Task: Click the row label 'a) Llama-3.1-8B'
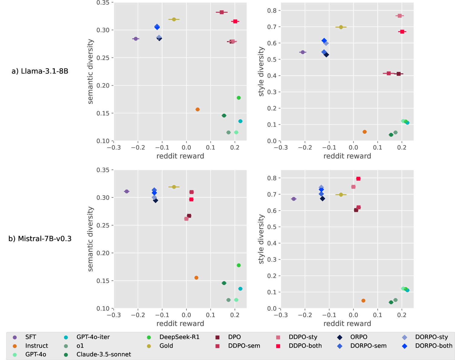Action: pyautogui.click(x=40, y=71)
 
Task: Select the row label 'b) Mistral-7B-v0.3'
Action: pyautogui.click(x=40, y=239)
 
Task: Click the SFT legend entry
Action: pyautogui.click(x=31, y=337)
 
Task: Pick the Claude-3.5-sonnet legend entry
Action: pyautogui.click(x=104, y=354)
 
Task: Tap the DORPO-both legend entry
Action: pyautogui.click(x=434, y=346)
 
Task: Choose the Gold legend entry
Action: pyautogui.click(x=166, y=346)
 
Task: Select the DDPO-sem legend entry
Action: pyautogui.click(x=244, y=346)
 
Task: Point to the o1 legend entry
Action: pyautogui.click(x=80, y=346)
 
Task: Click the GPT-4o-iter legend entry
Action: pyautogui.click(x=93, y=337)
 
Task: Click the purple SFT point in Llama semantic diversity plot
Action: pyautogui.click(x=136, y=39)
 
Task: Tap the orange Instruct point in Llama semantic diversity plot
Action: pyautogui.click(x=198, y=109)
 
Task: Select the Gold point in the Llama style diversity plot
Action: pyautogui.click(x=341, y=27)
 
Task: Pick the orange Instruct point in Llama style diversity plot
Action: pyautogui.click(x=365, y=132)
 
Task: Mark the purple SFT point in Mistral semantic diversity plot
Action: pyautogui.click(x=127, y=191)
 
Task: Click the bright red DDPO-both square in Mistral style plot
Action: pyautogui.click(x=358, y=179)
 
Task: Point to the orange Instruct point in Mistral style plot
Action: pyautogui.click(x=363, y=301)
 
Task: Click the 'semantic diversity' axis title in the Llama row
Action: pyautogui.click(x=90, y=72)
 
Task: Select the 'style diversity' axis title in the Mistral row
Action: pyautogui.click(x=261, y=239)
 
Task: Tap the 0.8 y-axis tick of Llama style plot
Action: pyautogui.click(x=272, y=11)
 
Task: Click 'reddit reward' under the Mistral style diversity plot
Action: pyautogui.click(x=347, y=323)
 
